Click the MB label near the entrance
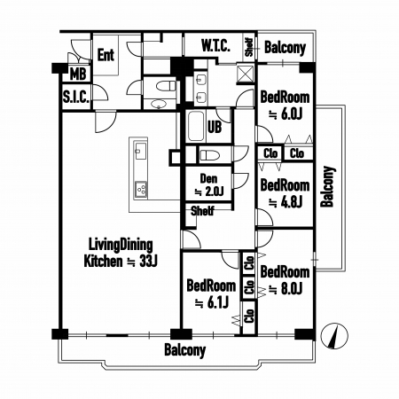(78, 74)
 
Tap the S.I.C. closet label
(76, 97)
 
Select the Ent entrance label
(106, 55)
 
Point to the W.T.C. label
(215, 46)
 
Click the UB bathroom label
(215, 127)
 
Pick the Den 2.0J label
(208, 185)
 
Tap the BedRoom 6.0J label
(285, 106)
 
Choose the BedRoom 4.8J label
(285, 193)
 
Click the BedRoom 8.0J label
(285, 280)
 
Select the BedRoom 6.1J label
(211, 294)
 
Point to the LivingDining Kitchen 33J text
(121, 254)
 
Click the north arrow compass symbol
(334, 336)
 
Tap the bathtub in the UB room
(196, 126)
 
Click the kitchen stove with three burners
(141, 188)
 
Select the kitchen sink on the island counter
(140, 151)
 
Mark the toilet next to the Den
(209, 155)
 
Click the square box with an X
(246, 73)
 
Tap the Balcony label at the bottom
(184, 350)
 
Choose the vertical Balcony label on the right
(328, 187)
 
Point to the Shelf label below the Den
(202, 211)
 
